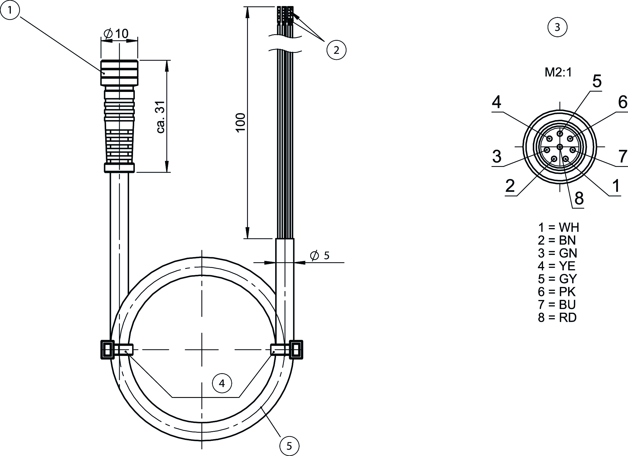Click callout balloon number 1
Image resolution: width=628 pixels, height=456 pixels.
(x=10, y=10)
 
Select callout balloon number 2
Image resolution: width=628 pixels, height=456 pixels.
(x=336, y=50)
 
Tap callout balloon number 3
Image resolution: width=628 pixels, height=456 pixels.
(x=557, y=27)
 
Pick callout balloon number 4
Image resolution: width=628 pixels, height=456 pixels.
(x=222, y=383)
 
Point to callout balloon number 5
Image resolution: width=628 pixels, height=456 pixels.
(x=289, y=446)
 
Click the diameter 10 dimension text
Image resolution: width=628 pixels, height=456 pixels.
(x=116, y=34)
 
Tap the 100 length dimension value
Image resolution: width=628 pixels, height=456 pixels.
(x=241, y=122)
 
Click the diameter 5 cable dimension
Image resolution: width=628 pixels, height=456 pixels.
(x=320, y=256)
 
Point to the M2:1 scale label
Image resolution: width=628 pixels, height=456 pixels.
(x=558, y=72)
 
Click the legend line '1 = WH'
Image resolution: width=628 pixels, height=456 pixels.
(x=558, y=227)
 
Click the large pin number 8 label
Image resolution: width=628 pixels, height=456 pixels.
(x=579, y=198)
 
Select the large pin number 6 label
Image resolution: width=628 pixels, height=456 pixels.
(x=623, y=102)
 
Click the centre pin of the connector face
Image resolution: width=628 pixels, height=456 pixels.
(x=560, y=147)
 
